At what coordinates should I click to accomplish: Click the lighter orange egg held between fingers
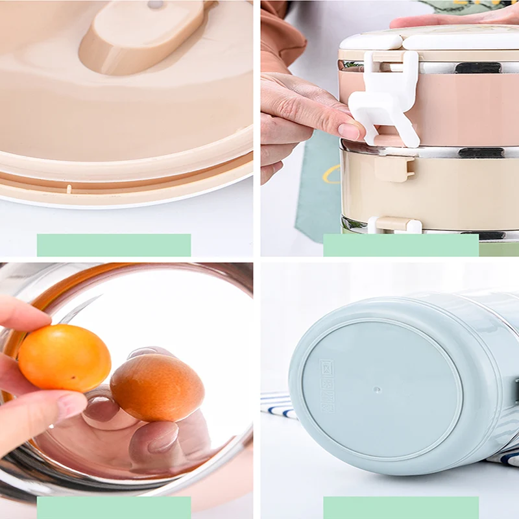64,357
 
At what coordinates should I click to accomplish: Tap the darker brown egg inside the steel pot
157,388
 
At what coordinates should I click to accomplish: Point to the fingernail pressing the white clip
350,130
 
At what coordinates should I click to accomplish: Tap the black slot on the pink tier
477,67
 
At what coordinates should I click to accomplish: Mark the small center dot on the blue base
378,391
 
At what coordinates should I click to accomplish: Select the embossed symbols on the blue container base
326,386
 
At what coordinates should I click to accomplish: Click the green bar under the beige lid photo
114,245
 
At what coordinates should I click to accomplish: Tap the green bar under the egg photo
114,507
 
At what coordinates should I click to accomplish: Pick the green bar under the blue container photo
401,507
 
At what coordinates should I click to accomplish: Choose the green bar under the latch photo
401,245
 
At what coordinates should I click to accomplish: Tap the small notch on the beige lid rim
69,189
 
